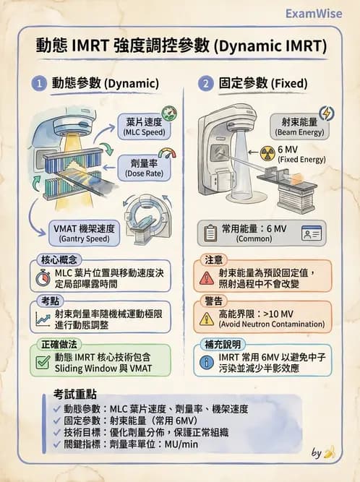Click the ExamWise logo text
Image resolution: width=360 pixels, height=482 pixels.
[314, 14]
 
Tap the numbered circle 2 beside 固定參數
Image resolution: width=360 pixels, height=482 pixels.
[207, 84]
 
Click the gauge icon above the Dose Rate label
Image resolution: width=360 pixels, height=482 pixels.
[166, 152]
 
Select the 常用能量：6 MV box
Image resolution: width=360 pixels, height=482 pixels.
[263, 233]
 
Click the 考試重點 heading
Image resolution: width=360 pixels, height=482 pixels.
[77, 397]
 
